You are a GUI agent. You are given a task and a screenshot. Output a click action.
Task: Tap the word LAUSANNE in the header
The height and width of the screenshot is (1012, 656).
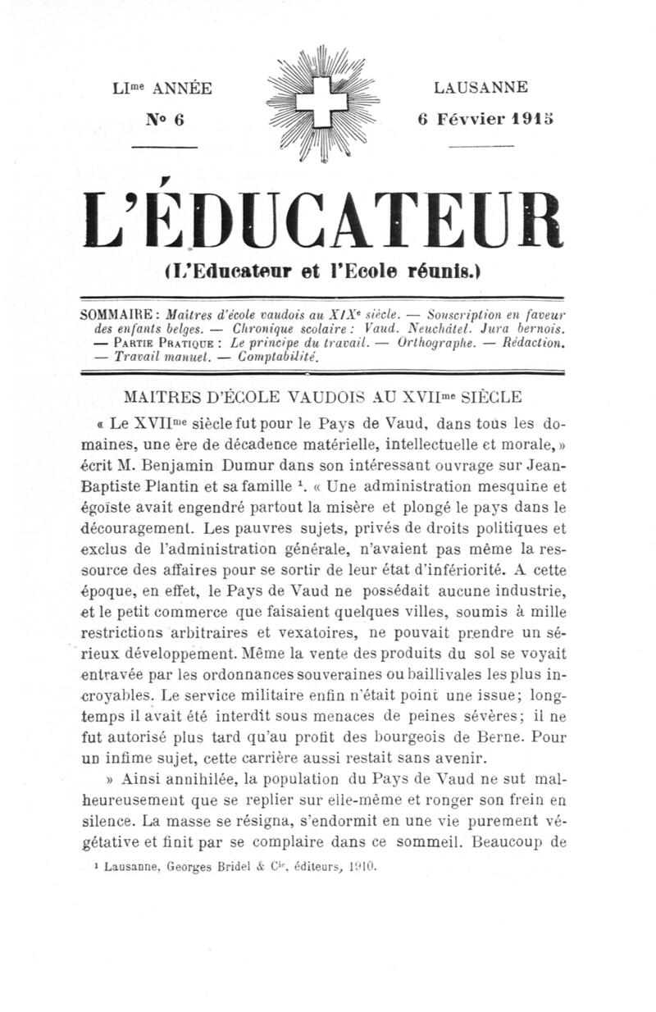coord(481,88)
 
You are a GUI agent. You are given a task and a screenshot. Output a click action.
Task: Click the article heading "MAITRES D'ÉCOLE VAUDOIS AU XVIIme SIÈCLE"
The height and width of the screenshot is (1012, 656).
coord(321,398)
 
